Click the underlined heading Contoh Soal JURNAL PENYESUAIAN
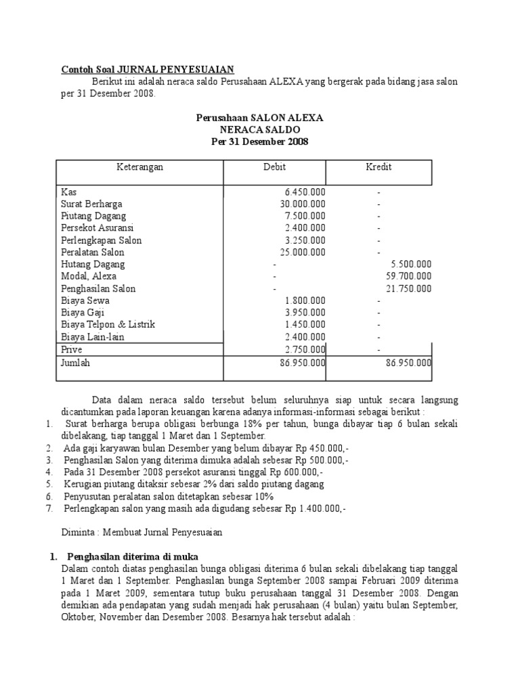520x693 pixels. (148, 69)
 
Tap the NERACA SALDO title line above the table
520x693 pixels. (259, 129)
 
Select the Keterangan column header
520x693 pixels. (139, 167)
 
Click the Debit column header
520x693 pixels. (274, 167)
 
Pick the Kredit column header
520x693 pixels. (378, 167)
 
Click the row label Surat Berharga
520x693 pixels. (91, 204)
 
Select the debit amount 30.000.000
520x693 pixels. (303, 204)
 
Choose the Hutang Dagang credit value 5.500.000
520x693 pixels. (412, 265)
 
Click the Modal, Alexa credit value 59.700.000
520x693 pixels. (409, 277)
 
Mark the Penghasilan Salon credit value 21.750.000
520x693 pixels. (409, 289)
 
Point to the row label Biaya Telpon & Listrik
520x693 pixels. (108, 325)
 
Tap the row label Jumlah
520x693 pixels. (75, 363)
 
